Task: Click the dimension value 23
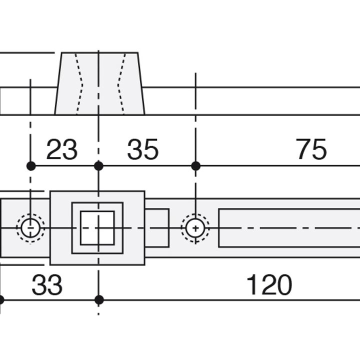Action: coord(62,149)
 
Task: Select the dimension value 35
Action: coord(143,149)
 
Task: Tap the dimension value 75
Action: coord(311,149)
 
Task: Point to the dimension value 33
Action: coord(47,284)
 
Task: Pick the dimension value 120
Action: coord(269,284)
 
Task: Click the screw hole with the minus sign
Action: coord(30,228)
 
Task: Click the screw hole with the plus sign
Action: coord(195,228)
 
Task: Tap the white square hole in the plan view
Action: coord(97,228)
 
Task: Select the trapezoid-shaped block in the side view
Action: coord(99,83)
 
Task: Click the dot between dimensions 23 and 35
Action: coord(98,166)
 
